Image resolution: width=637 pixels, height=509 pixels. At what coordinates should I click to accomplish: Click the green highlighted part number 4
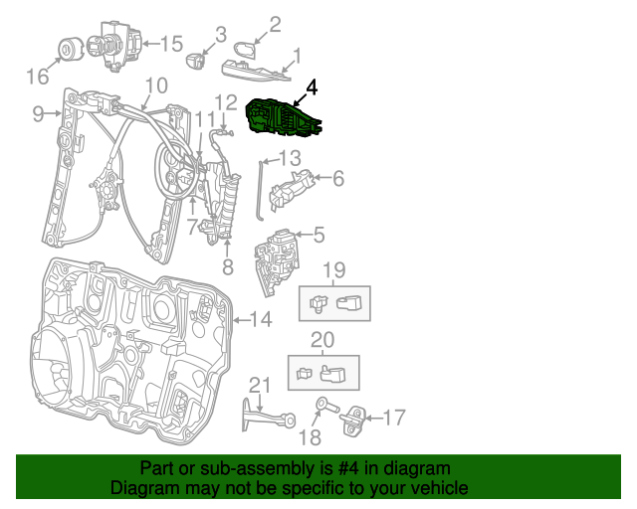[x=285, y=117]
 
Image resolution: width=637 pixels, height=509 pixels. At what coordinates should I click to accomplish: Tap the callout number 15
[x=171, y=43]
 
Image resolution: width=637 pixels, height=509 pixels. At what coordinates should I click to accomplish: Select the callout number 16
[x=37, y=77]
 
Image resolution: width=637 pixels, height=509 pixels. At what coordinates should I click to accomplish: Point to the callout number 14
[x=260, y=319]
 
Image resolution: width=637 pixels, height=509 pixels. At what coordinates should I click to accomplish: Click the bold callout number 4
[x=312, y=87]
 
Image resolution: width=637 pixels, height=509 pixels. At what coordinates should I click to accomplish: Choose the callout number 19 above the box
[x=333, y=269]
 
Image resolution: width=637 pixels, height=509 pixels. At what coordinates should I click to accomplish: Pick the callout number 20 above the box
[x=322, y=340]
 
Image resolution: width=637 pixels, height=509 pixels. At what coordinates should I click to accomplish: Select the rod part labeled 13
[x=258, y=189]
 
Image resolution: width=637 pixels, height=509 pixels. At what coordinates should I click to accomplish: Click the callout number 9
[x=38, y=114]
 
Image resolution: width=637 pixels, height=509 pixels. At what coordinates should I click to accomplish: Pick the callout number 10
[x=156, y=85]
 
